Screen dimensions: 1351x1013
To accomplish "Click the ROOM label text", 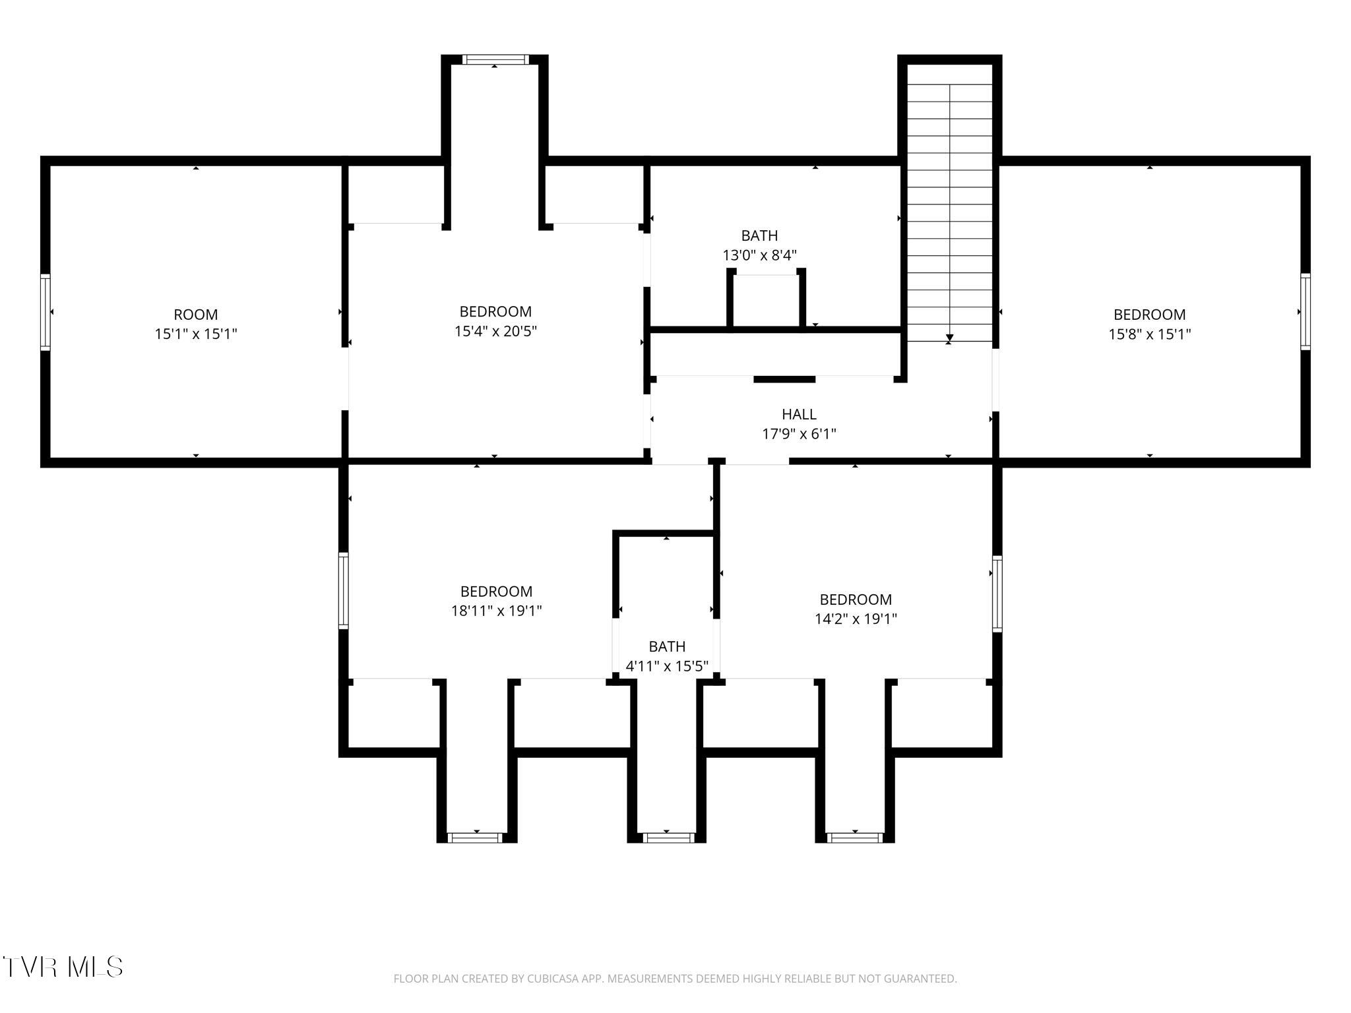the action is pos(195,315).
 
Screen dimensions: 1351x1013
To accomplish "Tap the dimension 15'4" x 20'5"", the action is pos(495,331).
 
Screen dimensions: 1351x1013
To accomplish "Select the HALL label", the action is pos(799,414).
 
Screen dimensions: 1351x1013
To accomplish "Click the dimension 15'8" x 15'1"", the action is pos(1149,334).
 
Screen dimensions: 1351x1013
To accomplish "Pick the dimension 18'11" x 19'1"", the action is pos(496,611).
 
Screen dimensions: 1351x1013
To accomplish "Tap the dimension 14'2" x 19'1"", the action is pos(856,619).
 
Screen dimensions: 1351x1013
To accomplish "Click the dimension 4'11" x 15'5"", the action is pos(667,666).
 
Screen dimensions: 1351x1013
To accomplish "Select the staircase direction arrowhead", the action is pos(949,340).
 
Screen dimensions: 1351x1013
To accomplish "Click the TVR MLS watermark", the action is pos(63,967).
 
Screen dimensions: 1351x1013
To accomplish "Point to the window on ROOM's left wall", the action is pos(46,312).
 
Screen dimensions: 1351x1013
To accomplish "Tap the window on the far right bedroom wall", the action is pos(1305,312).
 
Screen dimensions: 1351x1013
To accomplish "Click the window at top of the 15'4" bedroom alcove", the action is pos(495,59).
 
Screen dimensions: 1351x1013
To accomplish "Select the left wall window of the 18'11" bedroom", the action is pos(344,590).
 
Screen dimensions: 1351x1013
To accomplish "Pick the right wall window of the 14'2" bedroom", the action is pos(997,594).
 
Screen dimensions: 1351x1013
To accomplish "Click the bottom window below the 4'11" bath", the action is pos(668,838).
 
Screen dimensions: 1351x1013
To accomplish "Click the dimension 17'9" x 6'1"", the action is pos(799,434).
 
